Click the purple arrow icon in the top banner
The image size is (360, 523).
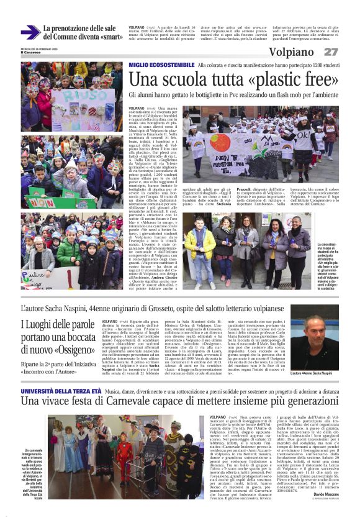[30, 32]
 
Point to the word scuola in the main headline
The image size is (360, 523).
[192, 80]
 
